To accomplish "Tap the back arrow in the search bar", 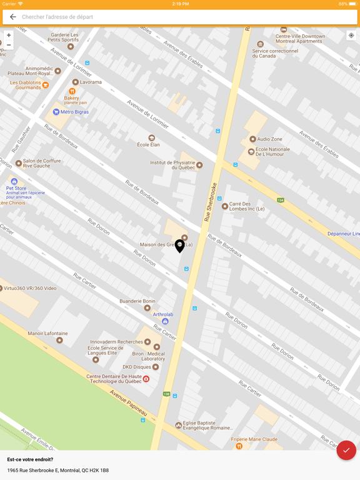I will point(12,17).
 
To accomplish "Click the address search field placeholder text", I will point(57,17).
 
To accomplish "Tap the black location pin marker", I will point(179,246).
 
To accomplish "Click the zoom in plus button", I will point(8,36).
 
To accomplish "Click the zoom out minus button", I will point(8,45).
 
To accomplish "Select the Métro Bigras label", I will point(74,112).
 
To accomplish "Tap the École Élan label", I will point(149,144).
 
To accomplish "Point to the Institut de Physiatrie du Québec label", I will point(172,165).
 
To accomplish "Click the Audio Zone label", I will point(269,139).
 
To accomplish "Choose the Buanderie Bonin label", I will point(137,301).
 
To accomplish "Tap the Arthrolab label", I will point(163,315).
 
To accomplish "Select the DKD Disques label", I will point(136,367).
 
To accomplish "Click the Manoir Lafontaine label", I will point(47,334).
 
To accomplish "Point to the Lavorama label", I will point(91,82).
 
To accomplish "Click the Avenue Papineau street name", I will point(128,403).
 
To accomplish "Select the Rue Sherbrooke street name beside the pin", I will point(210,201).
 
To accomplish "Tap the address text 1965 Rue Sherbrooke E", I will point(58,470).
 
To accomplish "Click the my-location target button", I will point(351,36).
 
